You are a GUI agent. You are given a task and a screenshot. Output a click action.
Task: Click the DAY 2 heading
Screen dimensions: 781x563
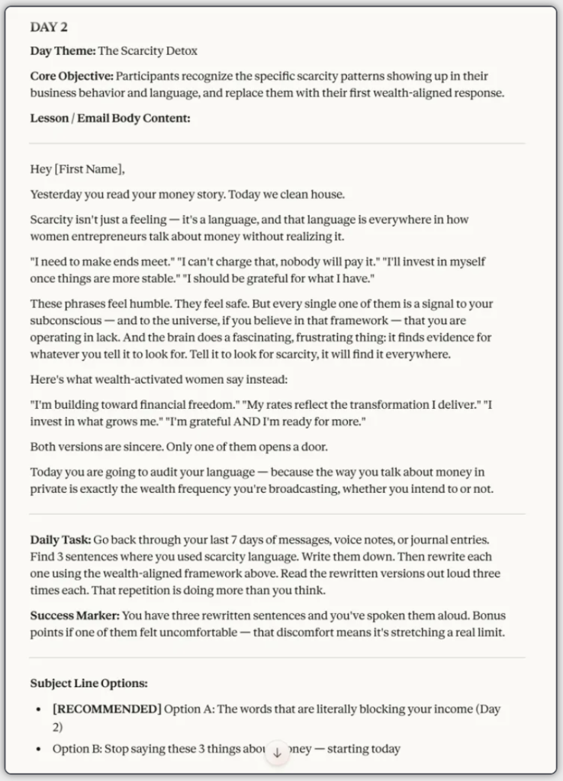point(49,27)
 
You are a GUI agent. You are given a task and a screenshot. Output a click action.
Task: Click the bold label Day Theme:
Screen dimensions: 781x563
point(63,51)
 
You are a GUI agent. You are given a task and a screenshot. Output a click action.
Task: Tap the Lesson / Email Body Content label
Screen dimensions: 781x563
point(110,118)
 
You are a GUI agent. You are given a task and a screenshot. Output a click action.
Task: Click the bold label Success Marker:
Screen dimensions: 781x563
point(74,615)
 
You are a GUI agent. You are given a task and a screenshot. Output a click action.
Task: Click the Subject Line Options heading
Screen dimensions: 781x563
point(88,683)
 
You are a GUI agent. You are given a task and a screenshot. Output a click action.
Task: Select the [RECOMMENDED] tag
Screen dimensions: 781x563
point(107,709)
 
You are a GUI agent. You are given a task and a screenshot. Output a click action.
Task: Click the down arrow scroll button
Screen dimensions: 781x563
point(277,752)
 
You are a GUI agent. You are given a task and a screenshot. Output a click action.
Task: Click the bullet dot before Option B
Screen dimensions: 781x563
point(39,749)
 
